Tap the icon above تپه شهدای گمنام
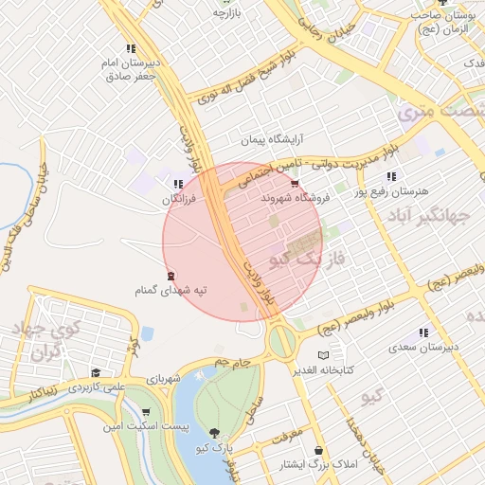coord(171,276)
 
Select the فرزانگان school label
coord(179,200)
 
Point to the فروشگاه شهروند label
coord(296,198)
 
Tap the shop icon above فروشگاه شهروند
coord(296,184)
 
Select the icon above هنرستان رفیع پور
coord(390,177)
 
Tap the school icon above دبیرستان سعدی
coord(422,332)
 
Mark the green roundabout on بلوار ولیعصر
coord(281,338)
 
